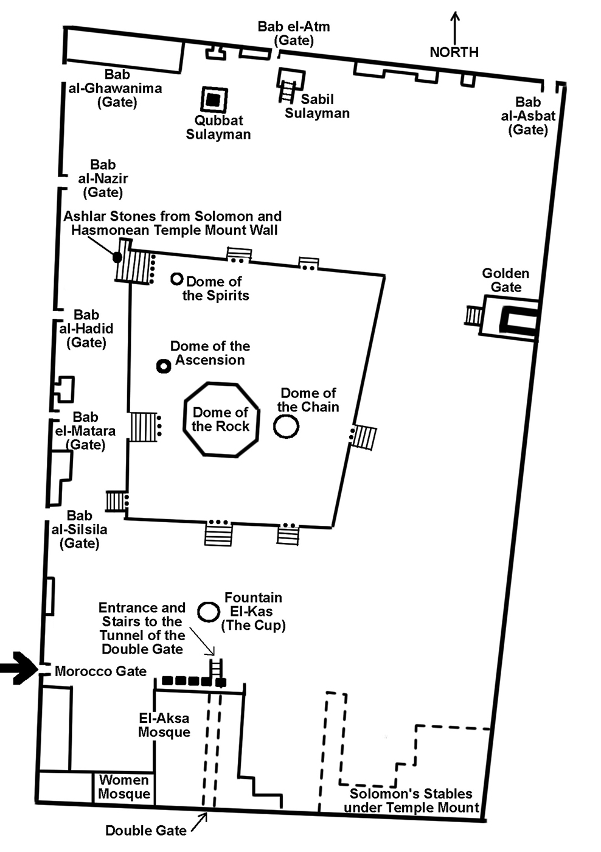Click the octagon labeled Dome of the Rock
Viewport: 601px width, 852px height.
tap(220, 419)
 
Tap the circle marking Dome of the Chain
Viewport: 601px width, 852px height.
tap(286, 426)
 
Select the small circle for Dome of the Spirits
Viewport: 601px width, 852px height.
tap(176, 279)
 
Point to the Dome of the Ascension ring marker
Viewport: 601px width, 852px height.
tap(163, 366)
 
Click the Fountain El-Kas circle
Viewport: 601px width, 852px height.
tap(209, 612)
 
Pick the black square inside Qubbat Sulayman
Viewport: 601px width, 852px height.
tap(214, 100)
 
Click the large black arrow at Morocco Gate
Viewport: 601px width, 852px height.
tap(18, 668)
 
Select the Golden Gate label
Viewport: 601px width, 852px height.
tap(505, 281)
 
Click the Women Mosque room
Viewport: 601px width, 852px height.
tap(124, 787)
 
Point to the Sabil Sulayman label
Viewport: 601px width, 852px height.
tap(317, 106)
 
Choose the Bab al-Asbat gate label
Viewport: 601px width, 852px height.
tap(528, 116)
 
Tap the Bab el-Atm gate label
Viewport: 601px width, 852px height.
tap(294, 33)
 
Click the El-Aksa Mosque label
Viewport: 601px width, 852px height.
tap(164, 725)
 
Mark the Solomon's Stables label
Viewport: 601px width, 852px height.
tap(411, 801)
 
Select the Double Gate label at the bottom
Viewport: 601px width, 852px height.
tap(146, 831)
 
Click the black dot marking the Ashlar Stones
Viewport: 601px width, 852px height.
tap(117, 257)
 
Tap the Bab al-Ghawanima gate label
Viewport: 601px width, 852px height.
tap(116, 88)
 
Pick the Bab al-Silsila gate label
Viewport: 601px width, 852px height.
tap(79, 529)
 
